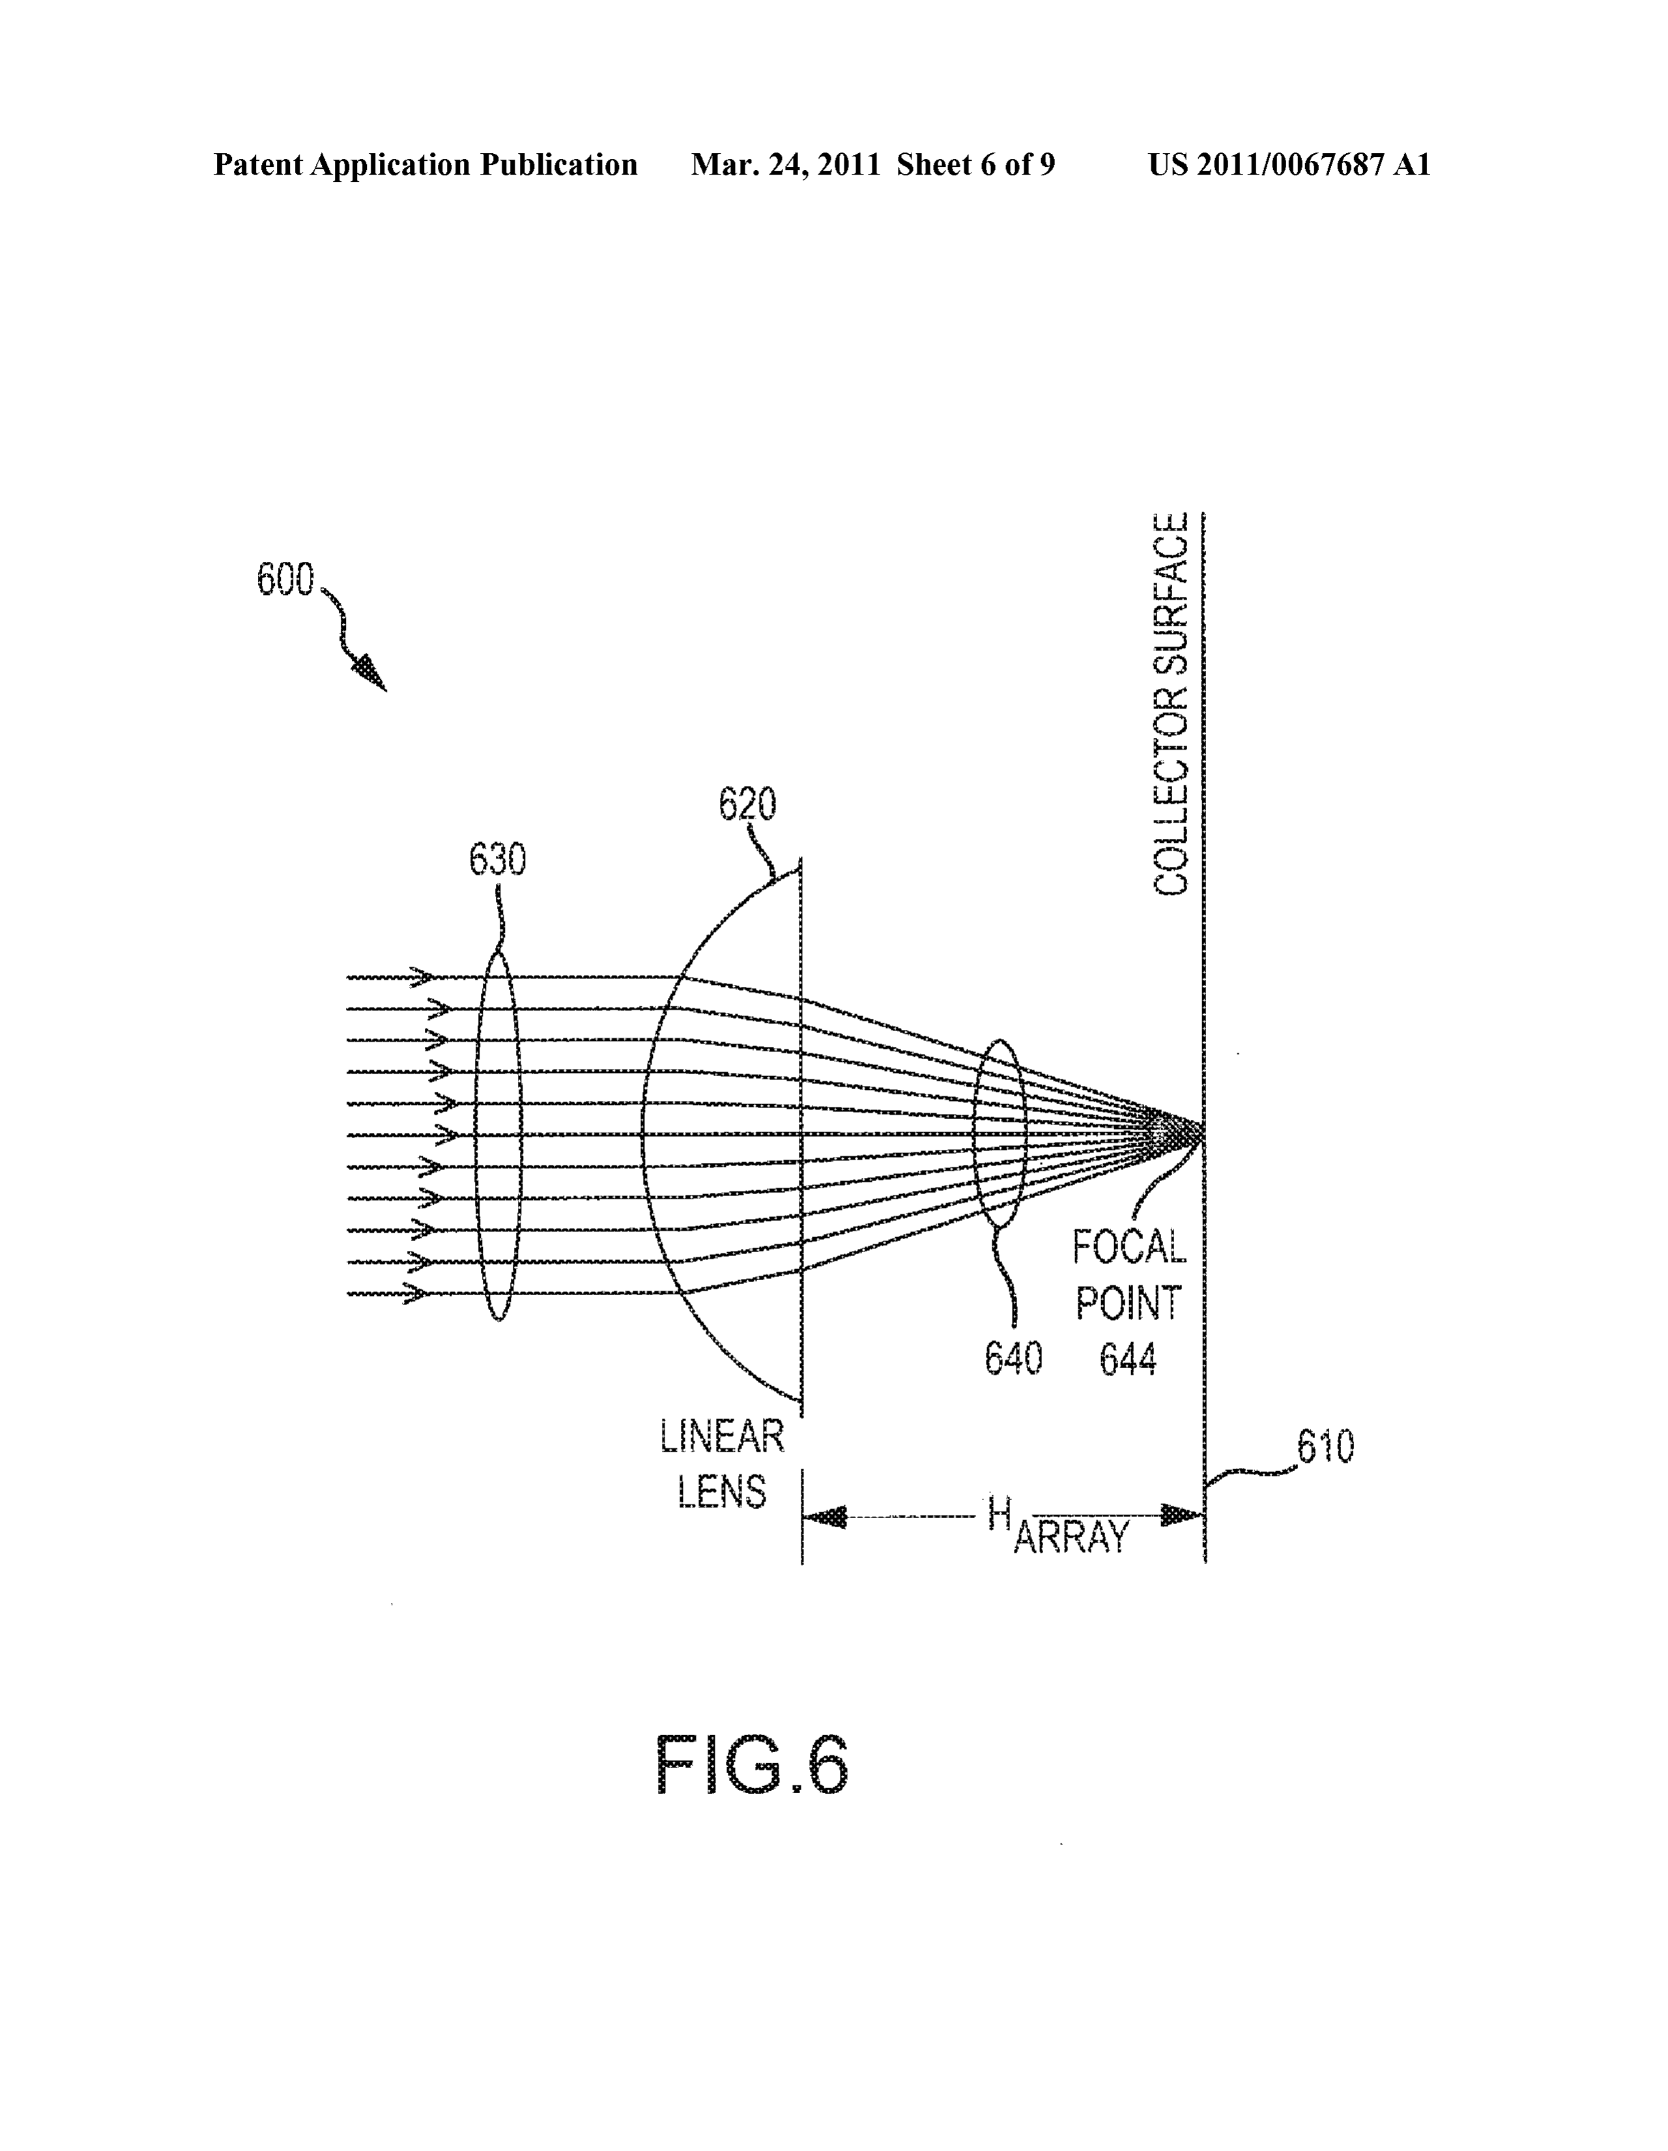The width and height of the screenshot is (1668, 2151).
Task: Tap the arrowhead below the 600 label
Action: (372, 675)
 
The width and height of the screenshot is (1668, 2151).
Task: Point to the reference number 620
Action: (747, 804)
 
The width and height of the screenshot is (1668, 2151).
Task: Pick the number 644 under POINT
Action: (1127, 1360)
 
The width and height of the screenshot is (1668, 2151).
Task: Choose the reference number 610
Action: (1325, 1446)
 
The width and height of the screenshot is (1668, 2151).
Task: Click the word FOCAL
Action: (1129, 1248)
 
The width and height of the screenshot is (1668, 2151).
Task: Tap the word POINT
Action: (1127, 1304)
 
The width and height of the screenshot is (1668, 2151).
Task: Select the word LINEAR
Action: (722, 1436)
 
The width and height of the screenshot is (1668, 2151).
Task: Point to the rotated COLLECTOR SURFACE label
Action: (1171, 704)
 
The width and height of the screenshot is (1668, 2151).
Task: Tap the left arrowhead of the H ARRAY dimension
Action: (825, 1515)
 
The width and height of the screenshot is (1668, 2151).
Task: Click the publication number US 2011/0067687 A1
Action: (1289, 164)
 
